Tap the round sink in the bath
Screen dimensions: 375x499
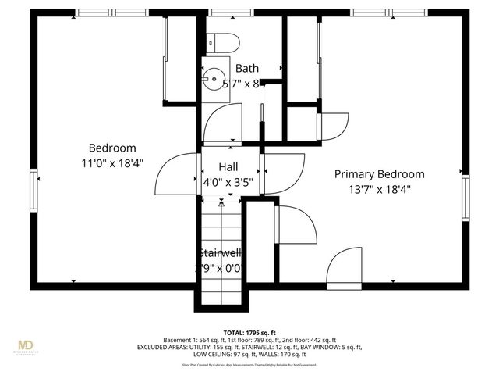click(213, 78)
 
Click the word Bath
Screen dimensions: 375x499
click(247, 69)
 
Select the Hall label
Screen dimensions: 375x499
click(228, 166)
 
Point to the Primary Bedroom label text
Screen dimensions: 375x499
click(380, 174)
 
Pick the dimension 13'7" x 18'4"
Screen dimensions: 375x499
click(380, 189)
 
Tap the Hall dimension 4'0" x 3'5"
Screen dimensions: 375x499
click(228, 182)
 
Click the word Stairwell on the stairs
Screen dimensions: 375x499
click(221, 252)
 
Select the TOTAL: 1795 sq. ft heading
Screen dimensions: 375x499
click(249, 331)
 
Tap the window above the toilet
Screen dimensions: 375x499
click(221, 12)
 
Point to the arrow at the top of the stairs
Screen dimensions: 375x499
click(222, 202)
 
